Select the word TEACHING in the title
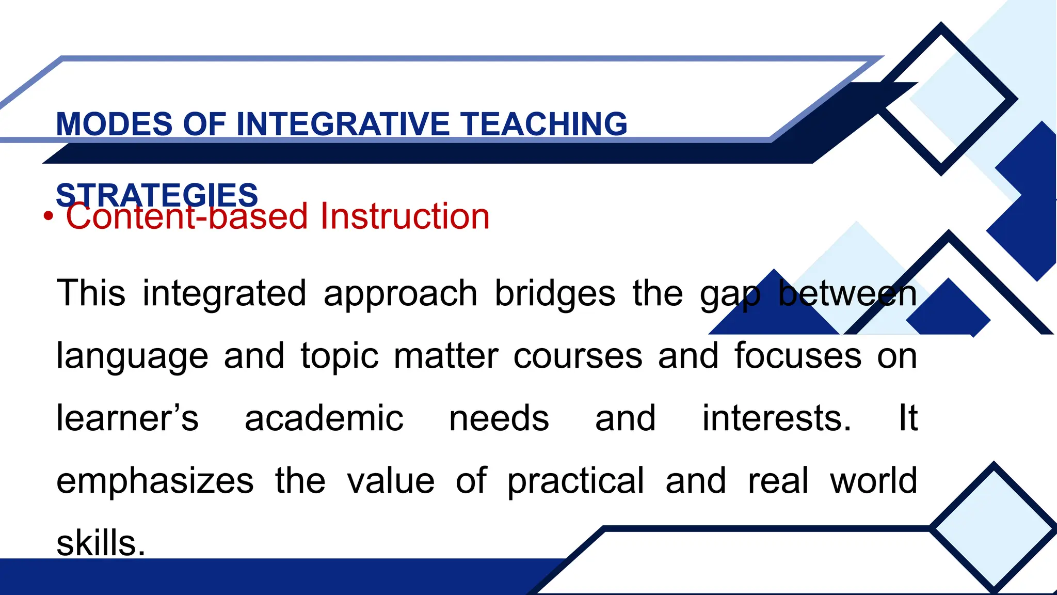544,124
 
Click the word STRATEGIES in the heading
157,195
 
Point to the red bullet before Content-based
48,217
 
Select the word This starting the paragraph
91,293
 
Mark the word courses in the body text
578,356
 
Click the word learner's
127,418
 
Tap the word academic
324,418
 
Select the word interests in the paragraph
776,418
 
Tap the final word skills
101,543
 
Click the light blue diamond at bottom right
994,527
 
